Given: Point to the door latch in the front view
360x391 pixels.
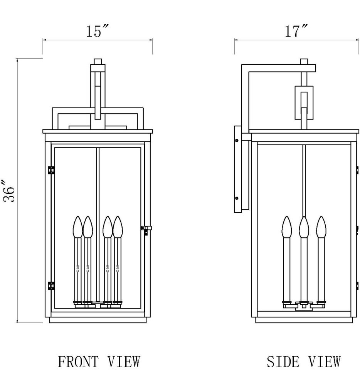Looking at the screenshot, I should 146,229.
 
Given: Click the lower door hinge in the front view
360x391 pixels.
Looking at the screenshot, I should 50,285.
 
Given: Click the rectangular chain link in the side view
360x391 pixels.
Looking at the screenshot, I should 304,102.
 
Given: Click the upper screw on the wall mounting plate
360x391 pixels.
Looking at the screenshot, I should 237,140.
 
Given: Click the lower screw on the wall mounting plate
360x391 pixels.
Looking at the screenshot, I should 237,198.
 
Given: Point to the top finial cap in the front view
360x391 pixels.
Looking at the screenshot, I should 98,61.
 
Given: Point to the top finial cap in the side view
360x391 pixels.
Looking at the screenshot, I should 304,61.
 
